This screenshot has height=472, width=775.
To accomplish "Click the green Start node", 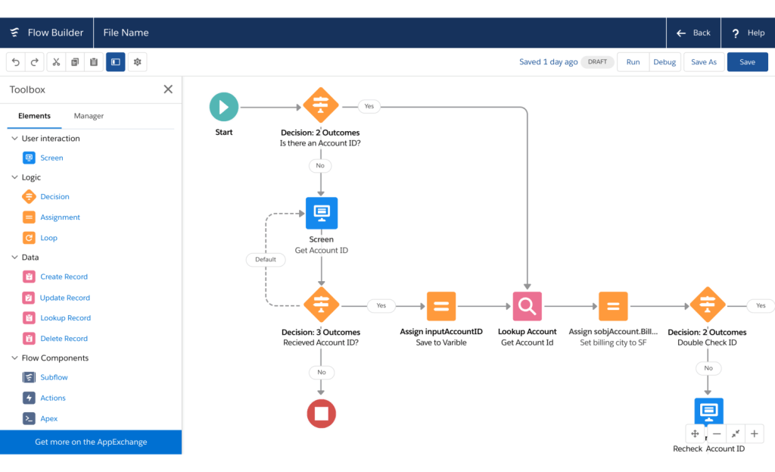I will (223, 107).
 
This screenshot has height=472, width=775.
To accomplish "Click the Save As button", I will (704, 62).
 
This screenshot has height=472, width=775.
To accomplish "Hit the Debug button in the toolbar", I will (665, 62).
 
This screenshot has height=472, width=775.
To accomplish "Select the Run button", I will (633, 62).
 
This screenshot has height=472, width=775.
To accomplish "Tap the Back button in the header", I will (693, 33).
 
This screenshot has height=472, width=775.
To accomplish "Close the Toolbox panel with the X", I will (168, 89).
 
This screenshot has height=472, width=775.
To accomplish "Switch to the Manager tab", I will (89, 116).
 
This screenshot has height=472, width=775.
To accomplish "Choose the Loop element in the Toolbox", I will (48, 238).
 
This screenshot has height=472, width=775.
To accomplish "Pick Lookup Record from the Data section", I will (65, 318).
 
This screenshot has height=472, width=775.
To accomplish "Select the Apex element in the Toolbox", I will (48, 418).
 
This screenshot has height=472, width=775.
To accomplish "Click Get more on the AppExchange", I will (91, 442).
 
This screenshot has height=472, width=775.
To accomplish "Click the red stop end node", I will (322, 413).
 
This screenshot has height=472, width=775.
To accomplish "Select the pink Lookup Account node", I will (527, 306).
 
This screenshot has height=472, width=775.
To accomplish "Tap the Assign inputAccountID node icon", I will (441, 306).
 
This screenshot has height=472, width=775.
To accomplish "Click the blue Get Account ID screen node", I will (322, 213).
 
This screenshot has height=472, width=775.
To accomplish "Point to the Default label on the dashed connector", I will (266, 259).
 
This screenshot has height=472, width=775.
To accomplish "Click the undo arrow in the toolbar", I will (16, 62).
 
